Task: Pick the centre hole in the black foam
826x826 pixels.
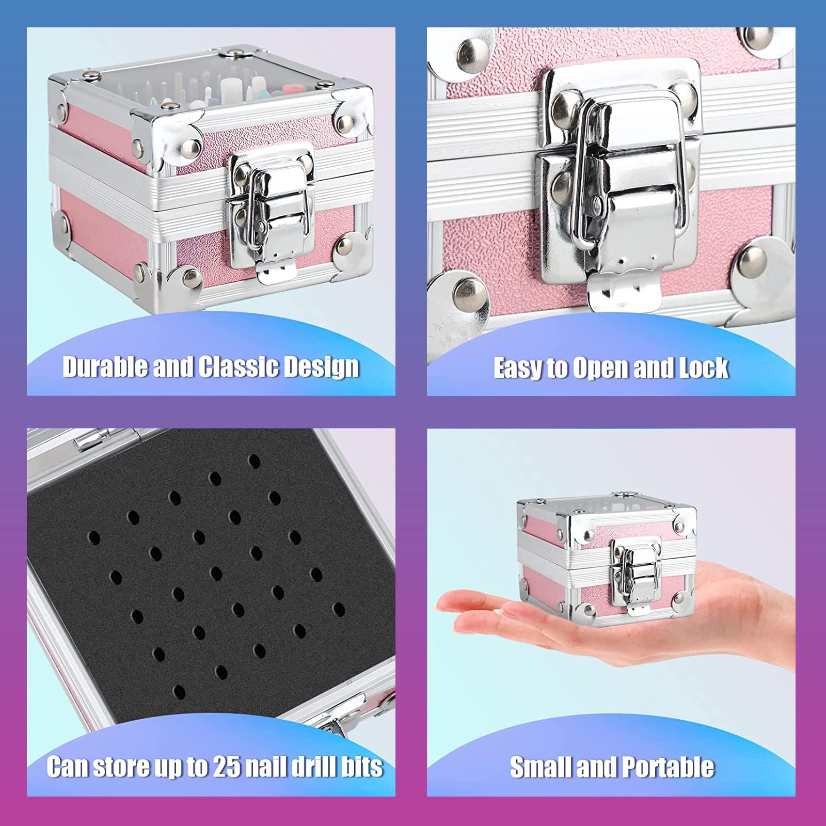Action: coord(216,573)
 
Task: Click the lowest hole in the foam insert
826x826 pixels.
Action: coord(179,692)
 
